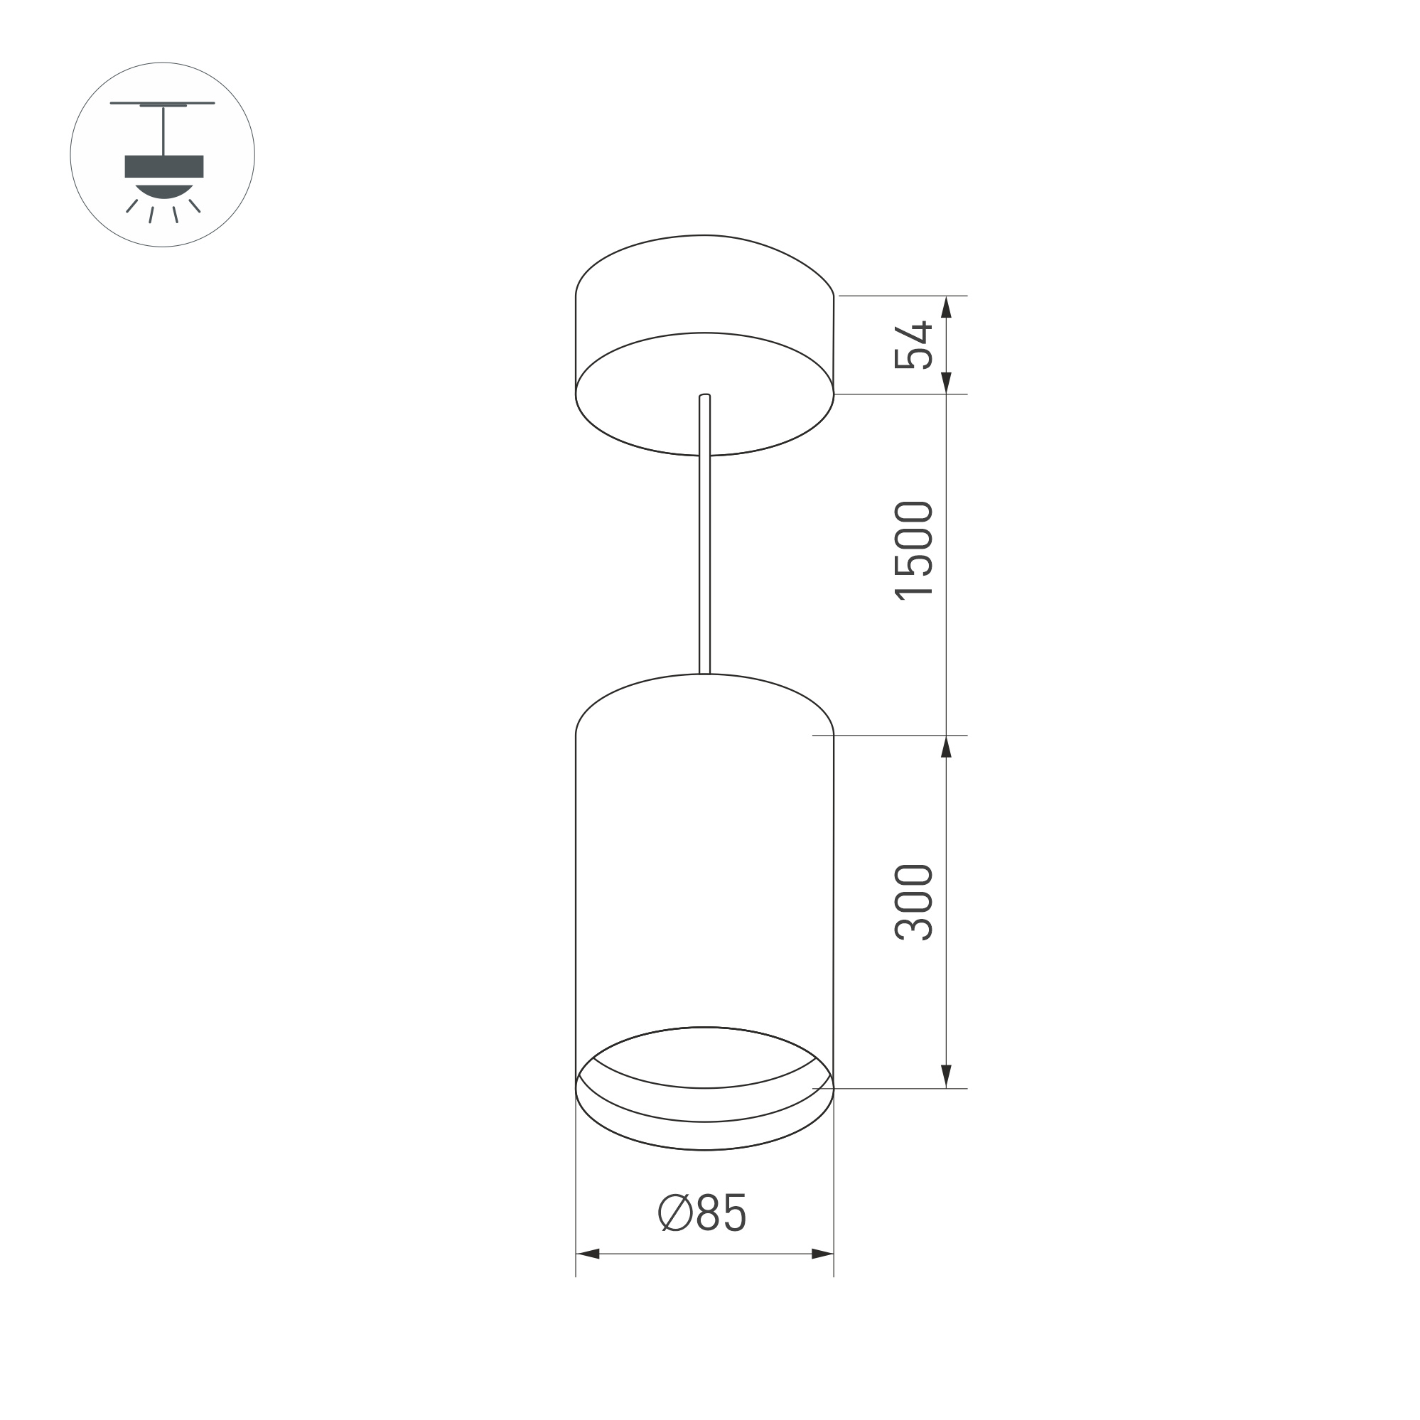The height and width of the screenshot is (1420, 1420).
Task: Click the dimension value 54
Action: pyautogui.click(x=913, y=345)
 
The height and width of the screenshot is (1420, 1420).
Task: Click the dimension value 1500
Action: pyautogui.click(x=913, y=552)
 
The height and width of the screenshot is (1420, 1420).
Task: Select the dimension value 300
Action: pyautogui.click(x=913, y=903)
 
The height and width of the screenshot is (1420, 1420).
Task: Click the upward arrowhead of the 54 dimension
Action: pyautogui.click(x=947, y=306)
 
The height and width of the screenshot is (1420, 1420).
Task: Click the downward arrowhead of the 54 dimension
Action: pyautogui.click(x=947, y=383)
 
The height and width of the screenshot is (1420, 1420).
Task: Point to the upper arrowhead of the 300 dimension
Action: pyautogui.click(x=947, y=746)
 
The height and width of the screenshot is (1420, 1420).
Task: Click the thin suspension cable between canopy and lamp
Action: pyautogui.click(x=704, y=559)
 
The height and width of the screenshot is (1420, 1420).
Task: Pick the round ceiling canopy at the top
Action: pyautogui.click(x=704, y=345)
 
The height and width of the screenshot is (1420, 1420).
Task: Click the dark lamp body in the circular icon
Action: pyautogui.click(x=164, y=167)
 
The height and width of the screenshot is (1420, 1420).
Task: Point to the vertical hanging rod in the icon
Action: pyautogui.click(x=163, y=131)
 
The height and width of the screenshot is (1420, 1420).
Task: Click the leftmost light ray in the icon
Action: pyautogui.click(x=131, y=207)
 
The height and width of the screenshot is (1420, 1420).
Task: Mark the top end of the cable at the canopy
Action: pyautogui.click(x=704, y=397)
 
